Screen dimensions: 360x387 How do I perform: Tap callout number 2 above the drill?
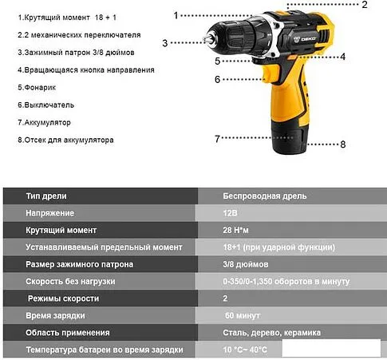364,6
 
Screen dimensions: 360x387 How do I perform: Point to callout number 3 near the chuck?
164,42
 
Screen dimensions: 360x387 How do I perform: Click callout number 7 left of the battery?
216,139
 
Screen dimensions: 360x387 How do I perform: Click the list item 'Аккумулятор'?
45,122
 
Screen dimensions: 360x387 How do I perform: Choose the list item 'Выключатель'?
46,105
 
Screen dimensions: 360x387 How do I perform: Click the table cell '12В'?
231,213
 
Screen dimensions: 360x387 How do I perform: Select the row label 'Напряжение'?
50,213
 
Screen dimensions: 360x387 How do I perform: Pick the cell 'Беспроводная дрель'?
264,196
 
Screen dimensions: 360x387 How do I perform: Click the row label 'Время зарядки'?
57,315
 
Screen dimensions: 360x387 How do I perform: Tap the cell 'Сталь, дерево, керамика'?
271,333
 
